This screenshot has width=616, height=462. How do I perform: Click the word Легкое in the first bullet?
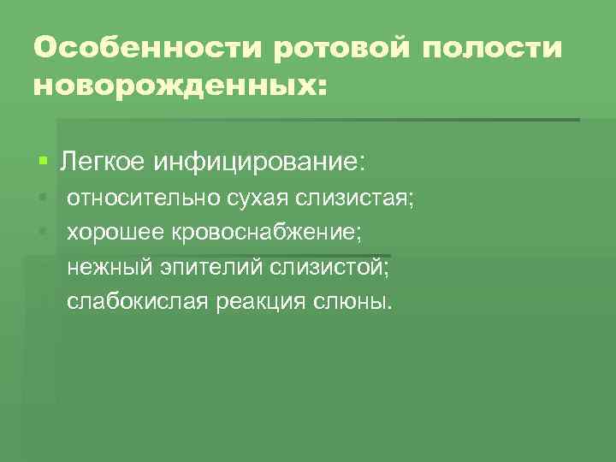tap(102, 161)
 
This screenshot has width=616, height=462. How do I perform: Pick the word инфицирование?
tap(260, 161)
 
